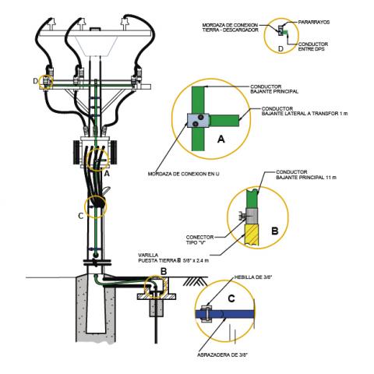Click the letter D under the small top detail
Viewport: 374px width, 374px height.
[x=281, y=48]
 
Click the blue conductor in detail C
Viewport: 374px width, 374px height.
[x=234, y=312]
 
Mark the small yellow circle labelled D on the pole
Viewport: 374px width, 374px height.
[x=46, y=81]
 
